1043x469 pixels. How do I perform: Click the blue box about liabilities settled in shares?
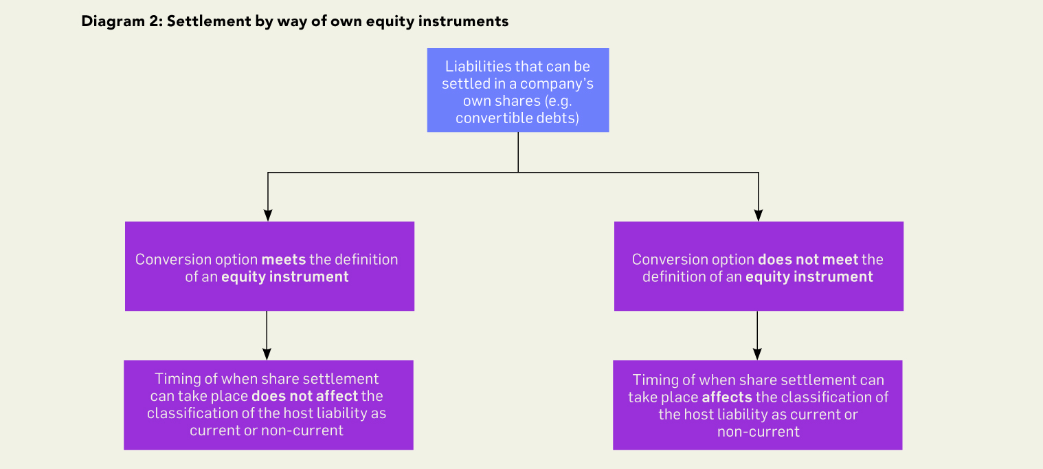coord(518,90)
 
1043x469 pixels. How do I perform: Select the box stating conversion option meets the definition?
coord(269,266)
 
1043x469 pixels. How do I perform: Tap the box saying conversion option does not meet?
coord(759,266)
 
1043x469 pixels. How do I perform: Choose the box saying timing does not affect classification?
coord(269,405)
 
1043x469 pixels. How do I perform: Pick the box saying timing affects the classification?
coord(758,405)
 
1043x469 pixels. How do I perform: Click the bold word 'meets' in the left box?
coord(284,260)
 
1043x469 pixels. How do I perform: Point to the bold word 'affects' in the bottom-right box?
coord(727,397)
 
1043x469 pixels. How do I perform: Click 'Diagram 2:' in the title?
coord(122,21)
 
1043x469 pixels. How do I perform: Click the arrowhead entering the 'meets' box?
coord(268,215)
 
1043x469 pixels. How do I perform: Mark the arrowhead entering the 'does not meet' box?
coord(759,215)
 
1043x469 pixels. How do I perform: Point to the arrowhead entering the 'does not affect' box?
coord(267,354)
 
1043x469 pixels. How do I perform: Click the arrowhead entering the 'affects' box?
coord(758,354)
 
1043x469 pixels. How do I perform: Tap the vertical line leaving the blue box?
coord(518,153)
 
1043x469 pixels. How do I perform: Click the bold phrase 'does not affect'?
coord(304,396)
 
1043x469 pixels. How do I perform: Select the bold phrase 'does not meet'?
coord(808,260)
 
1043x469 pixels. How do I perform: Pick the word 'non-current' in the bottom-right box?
coord(758,432)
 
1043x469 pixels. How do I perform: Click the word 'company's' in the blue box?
coord(557,84)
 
